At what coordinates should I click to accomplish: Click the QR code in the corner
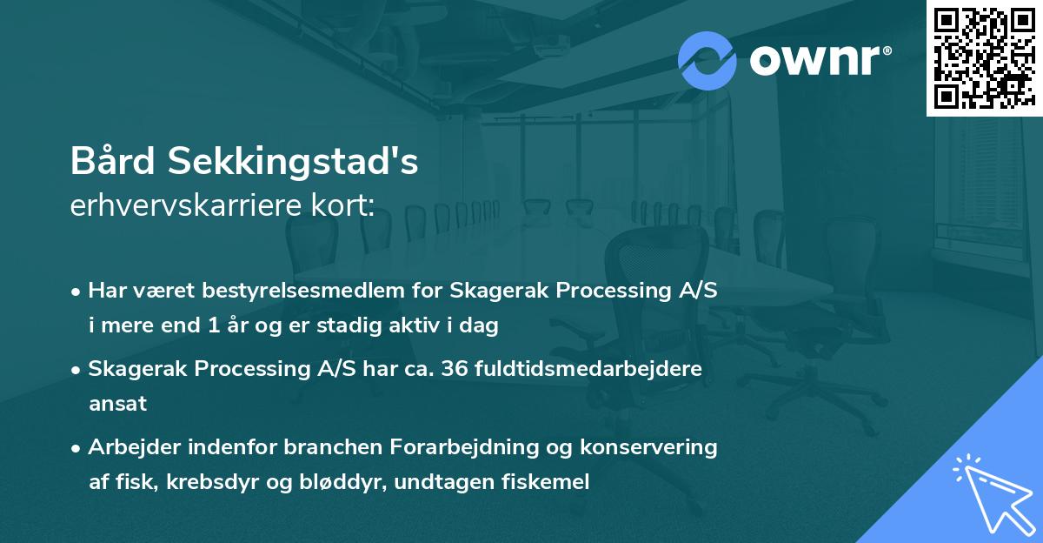tap(984, 57)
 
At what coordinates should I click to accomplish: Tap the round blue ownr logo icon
tap(708, 61)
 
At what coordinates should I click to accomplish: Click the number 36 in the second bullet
tap(456, 369)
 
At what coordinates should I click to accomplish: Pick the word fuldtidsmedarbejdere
tap(590, 369)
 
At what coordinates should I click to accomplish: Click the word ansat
tap(117, 404)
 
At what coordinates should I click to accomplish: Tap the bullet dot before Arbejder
tap(77, 448)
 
